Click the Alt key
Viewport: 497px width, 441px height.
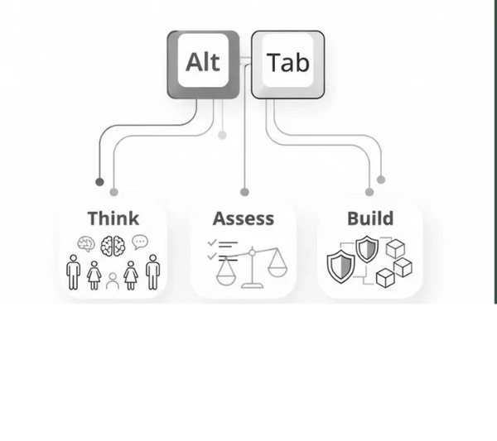tap(203, 64)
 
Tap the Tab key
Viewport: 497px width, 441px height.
tap(287, 64)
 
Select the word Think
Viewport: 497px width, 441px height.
tap(113, 218)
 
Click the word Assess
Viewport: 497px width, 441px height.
tap(244, 218)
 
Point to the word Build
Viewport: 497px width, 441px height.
tap(370, 218)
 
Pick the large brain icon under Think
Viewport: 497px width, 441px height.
tap(113, 245)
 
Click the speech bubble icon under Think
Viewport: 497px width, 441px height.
tap(140, 242)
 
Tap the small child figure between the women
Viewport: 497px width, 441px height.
tap(113, 280)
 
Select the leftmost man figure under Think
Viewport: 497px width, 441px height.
tap(74, 271)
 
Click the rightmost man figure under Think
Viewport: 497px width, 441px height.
tap(152, 271)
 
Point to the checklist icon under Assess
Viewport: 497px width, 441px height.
tap(222, 249)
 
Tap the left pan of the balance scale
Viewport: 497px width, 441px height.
tap(226, 275)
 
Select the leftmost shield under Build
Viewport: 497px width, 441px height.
tap(340, 266)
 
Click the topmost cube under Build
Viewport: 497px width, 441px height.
tap(394, 247)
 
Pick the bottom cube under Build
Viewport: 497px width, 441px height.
tap(385, 278)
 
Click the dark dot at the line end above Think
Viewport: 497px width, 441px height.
tap(99, 180)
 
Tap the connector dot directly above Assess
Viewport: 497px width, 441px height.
tap(244, 192)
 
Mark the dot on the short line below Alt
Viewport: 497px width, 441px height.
tap(221, 135)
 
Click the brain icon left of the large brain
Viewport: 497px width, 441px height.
tap(85, 243)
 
